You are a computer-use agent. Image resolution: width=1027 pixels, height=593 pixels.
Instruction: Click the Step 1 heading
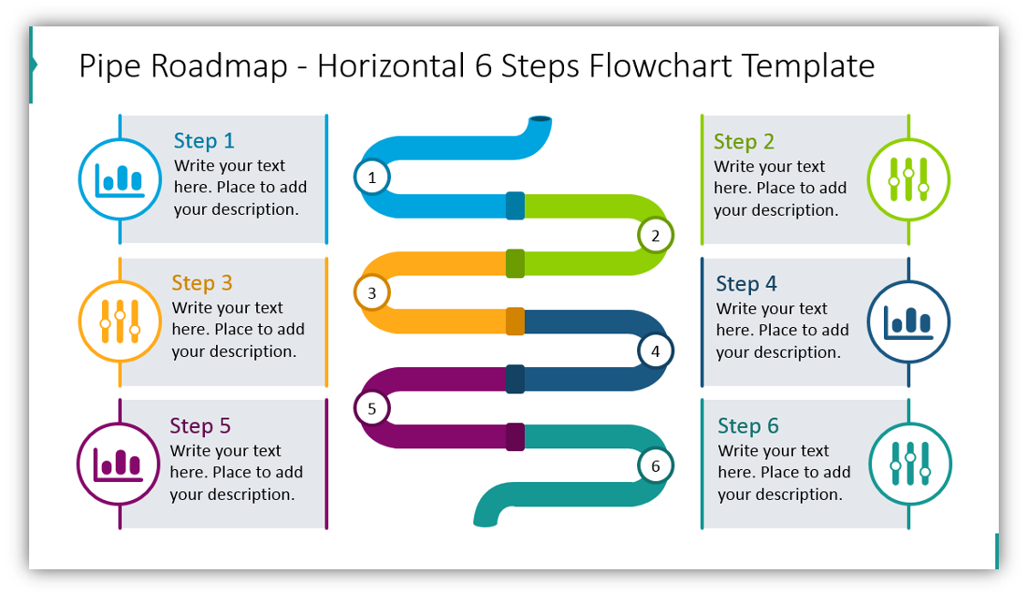click(204, 140)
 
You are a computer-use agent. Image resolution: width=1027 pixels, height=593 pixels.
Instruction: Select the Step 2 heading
click(744, 141)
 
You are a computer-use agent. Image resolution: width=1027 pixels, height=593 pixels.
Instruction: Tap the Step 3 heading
click(201, 282)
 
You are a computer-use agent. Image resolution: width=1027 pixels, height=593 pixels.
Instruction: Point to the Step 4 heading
click(746, 283)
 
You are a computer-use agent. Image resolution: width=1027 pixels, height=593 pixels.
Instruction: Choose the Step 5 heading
click(200, 425)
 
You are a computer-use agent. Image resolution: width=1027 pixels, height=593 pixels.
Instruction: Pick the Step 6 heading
click(748, 425)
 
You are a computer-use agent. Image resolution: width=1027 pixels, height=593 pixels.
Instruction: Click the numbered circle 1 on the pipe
click(372, 178)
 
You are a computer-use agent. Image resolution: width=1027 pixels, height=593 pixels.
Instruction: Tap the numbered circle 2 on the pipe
click(654, 236)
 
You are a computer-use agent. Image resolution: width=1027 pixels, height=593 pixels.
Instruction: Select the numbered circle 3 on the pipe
click(372, 293)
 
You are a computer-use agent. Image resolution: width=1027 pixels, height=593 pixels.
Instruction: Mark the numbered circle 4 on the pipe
click(655, 351)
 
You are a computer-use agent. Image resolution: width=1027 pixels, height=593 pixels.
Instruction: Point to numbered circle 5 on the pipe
click(372, 409)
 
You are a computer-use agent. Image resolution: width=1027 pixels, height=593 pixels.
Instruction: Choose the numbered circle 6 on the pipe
click(655, 466)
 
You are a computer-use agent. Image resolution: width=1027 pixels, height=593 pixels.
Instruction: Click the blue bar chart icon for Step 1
click(119, 179)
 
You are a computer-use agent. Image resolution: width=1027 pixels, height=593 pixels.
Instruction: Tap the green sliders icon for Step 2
click(909, 179)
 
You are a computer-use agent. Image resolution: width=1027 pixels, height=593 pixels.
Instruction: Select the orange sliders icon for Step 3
click(119, 322)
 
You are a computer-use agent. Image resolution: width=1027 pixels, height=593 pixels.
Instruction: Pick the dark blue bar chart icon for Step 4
click(909, 322)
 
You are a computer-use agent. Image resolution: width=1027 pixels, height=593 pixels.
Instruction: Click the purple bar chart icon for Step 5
click(118, 464)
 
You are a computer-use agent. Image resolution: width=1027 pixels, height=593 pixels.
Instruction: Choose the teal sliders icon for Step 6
click(909, 464)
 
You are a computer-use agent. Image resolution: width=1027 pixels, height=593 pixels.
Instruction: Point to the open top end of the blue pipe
click(540, 119)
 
